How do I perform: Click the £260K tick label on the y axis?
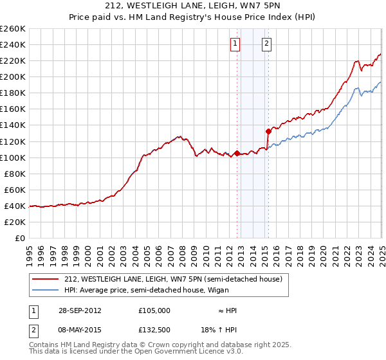pos(12,29)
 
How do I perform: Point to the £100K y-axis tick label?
pos(12,157)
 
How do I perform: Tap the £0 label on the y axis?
pos(20,238)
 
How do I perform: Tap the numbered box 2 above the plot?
pos(266,44)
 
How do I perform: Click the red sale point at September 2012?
pos(237,153)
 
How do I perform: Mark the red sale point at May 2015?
pos(268,131)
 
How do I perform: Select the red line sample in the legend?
pos(44,279)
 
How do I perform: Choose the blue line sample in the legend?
pos(44,289)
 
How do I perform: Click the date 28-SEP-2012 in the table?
pos(79,310)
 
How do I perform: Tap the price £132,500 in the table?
pos(154,329)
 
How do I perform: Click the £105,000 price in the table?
pos(154,310)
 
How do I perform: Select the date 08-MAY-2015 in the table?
pos(79,329)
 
